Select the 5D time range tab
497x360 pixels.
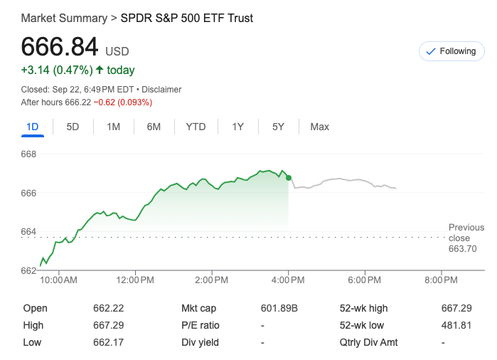(73, 127)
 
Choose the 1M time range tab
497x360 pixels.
(113, 127)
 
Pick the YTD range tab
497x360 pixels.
(196, 127)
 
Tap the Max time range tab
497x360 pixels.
(319, 127)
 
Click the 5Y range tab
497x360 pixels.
(278, 127)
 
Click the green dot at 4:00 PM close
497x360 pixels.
(288, 178)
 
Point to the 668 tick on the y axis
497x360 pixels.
(29, 154)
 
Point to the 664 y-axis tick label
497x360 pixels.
(29, 231)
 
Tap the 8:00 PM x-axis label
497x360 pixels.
(441, 280)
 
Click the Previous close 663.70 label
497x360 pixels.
(466, 238)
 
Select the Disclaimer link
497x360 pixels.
(161, 90)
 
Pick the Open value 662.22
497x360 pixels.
(108, 308)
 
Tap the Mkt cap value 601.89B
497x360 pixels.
(279, 308)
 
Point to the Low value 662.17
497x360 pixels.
(108, 342)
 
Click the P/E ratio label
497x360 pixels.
(201, 325)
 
